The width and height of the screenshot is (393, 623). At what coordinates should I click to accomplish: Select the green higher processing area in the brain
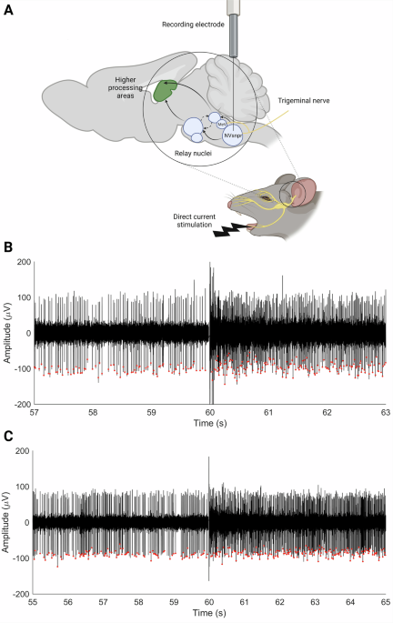(166, 91)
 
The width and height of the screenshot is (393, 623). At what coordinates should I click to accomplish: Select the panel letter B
(8, 247)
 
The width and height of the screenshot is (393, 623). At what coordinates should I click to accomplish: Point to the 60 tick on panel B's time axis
(210, 412)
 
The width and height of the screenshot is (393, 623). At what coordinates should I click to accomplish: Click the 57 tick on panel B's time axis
(35, 412)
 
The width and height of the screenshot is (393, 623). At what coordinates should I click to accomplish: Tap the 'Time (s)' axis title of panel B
(210, 425)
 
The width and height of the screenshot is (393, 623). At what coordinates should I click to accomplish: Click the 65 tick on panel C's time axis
(385, 602)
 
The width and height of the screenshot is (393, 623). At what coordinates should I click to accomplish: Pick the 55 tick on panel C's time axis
(35, 602)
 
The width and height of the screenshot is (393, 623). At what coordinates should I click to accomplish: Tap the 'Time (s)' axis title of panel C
(210, 616)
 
